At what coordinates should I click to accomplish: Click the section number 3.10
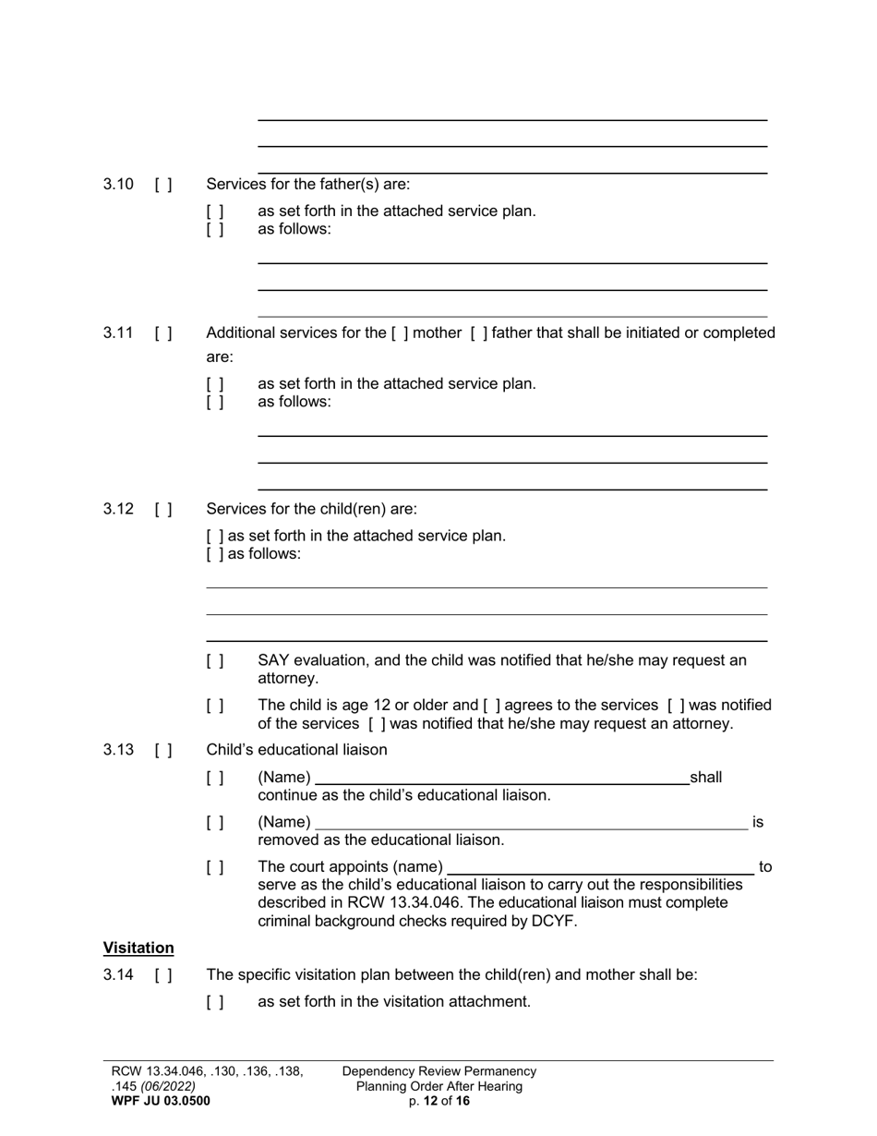118,184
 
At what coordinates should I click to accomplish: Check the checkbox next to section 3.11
163,333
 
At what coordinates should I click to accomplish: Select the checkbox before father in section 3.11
478,333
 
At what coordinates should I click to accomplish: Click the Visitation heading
138,949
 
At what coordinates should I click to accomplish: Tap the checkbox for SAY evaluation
215,661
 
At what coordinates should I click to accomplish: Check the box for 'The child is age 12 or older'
215,707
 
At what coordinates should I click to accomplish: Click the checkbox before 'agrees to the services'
491,707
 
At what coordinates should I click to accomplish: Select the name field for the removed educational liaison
531,822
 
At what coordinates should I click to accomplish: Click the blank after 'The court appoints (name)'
600,867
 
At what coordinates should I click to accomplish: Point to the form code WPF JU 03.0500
161,1101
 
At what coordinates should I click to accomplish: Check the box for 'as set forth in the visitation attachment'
215,1002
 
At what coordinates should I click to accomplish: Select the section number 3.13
118,750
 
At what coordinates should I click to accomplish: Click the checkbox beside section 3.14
163,975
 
